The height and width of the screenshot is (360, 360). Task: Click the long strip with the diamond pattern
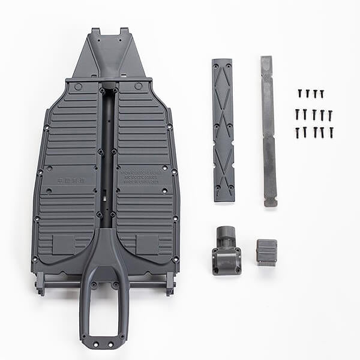tap(223, 129)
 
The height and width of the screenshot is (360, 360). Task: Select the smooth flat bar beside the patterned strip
tap(268, 131)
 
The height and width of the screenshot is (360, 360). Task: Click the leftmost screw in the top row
tap(299, 94)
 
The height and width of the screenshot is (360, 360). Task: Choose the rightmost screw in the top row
tap(322, 94)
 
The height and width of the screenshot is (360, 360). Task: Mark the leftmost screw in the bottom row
tap(296, 132)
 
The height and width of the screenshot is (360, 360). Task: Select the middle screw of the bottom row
tap(314, 132)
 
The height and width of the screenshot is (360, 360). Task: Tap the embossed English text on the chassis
tap(143, 177)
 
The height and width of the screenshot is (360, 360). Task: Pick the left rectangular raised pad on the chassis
tap(64, 244)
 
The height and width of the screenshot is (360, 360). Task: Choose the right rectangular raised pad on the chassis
tap(146, 243)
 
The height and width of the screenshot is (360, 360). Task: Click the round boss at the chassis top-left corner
tap(78, 86)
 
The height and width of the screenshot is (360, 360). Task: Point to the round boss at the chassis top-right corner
tap(139, 86)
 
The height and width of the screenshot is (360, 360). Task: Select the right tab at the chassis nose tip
tap(124, 31)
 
